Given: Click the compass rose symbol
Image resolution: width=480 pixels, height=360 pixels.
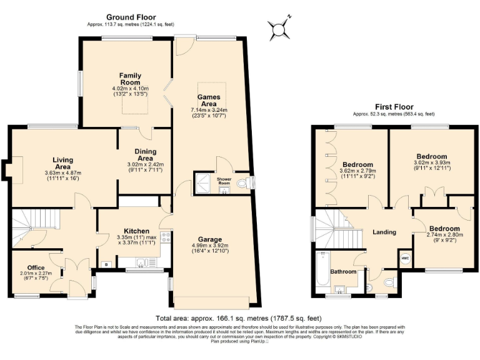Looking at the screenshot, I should [278, 28].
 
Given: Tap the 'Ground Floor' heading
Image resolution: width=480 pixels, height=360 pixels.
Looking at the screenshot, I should [131, 17].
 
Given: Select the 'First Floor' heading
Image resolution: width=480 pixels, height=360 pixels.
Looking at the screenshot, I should [394, 107].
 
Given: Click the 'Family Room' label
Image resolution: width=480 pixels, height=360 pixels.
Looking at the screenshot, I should [130, 78].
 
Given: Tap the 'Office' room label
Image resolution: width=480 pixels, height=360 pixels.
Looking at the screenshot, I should [36, 267].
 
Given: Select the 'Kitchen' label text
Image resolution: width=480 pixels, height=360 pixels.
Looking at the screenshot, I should [136, 231].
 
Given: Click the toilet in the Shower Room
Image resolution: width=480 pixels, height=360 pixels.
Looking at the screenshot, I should [249, 182].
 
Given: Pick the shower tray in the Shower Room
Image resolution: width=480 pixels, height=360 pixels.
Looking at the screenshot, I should [204, 182].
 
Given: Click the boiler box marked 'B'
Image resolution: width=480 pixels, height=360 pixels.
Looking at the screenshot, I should [107, 264].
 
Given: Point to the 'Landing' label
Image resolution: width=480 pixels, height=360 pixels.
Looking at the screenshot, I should [384, 232].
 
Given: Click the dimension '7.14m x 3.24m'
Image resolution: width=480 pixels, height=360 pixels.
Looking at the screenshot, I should [209, 109].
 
